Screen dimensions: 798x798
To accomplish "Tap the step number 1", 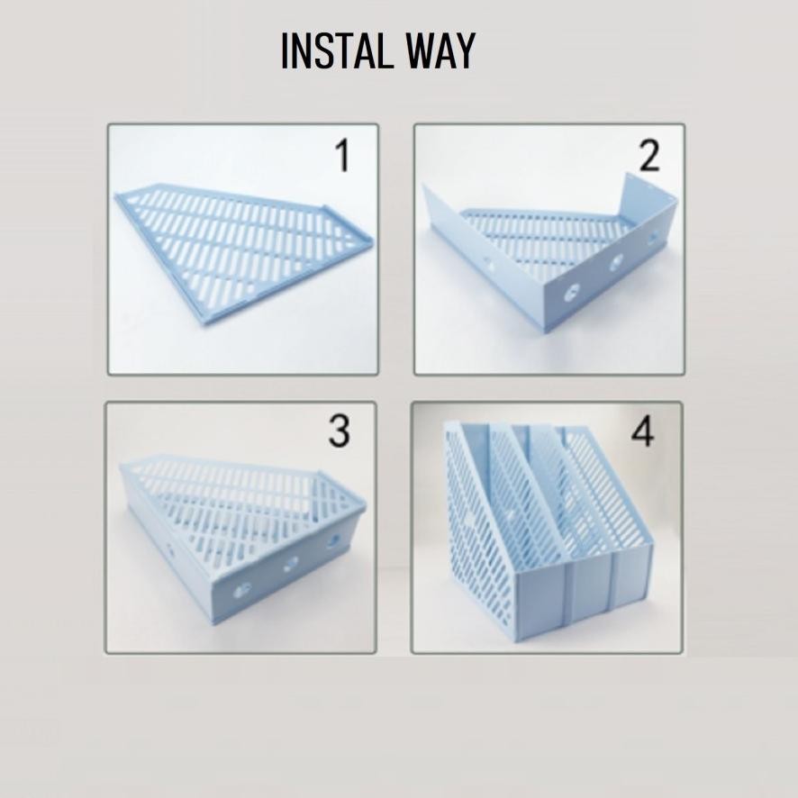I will point(341,157).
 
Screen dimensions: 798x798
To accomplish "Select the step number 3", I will point(338,432).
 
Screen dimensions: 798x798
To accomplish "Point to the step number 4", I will point(642,432).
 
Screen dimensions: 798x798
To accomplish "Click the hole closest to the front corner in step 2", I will point(572,293).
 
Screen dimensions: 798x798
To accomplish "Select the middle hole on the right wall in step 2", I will point(617,263).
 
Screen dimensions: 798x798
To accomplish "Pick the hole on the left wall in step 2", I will point(489,266).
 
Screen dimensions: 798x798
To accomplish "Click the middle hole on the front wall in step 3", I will point(291,564).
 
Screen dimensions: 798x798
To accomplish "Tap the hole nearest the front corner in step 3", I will point(242,590).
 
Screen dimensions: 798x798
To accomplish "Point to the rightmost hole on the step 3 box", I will point(334,540).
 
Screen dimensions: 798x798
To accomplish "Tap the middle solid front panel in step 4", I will point(590,590).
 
